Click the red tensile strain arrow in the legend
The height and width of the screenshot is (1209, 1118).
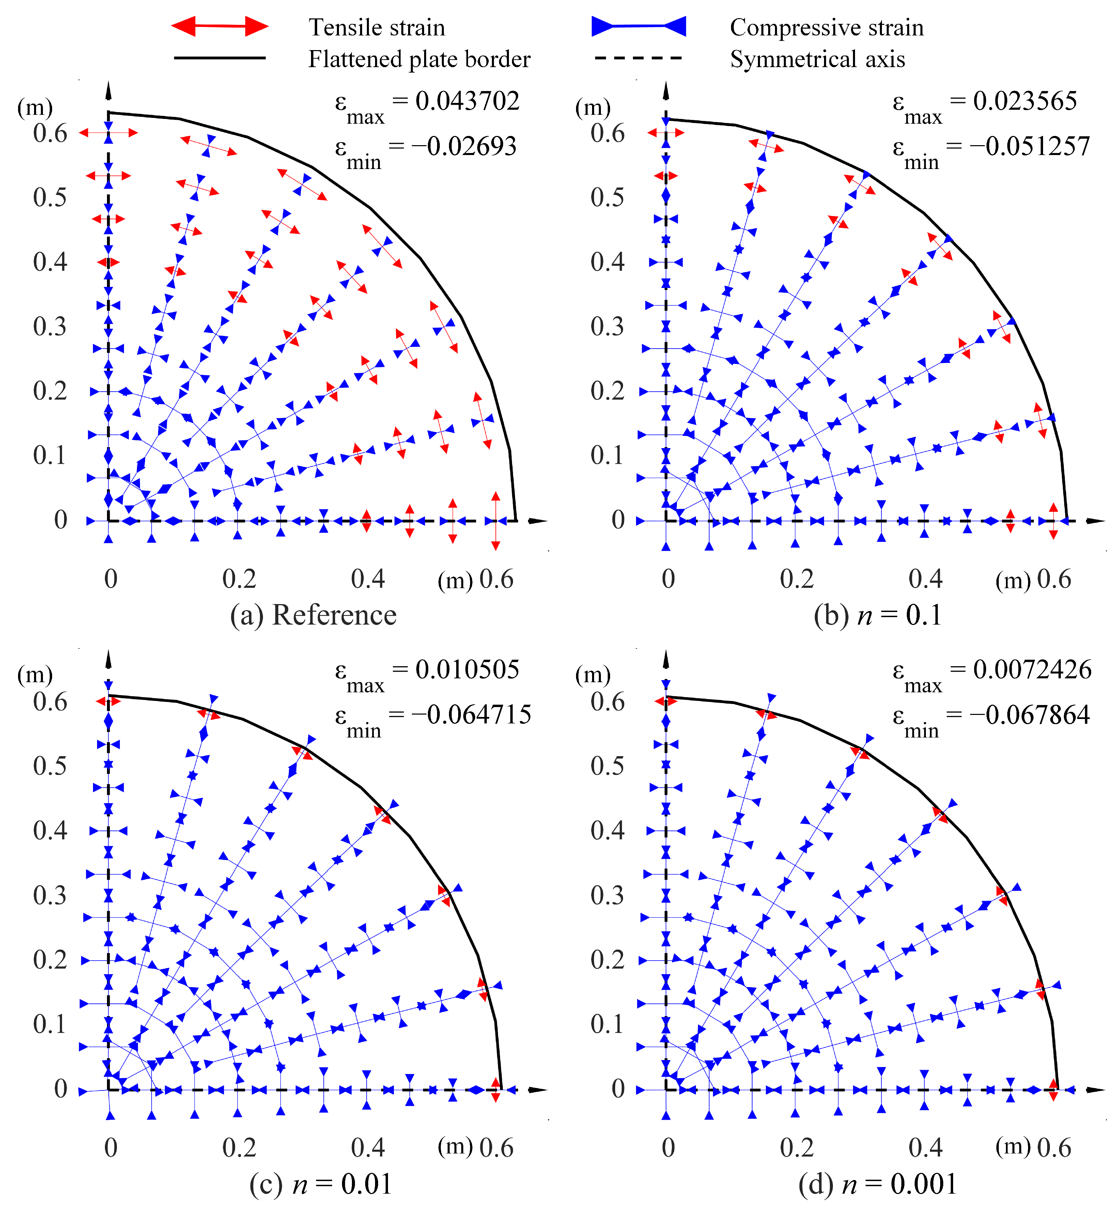click(x=220, y=26)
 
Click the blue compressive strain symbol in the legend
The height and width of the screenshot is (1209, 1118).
click(x=639, y=26)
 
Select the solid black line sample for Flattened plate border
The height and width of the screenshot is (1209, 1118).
click(x=220, y=58)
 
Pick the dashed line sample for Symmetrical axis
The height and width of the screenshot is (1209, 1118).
click(x=639, y=58)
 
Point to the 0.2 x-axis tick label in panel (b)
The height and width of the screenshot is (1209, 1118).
click(x=797, y=579)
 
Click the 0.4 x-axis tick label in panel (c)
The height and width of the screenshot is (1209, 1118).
click(x=368, y=1148)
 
